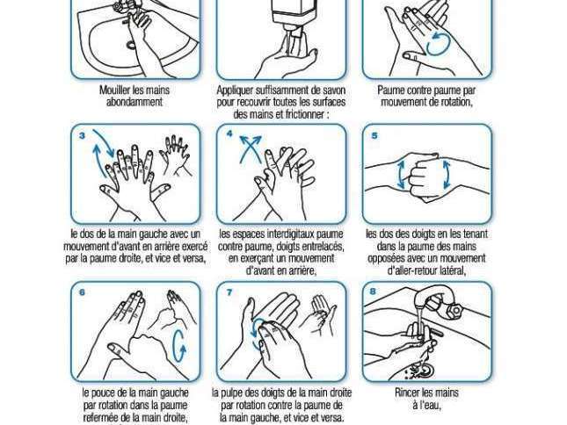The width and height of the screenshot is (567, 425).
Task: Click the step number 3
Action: click(x=83, y=136)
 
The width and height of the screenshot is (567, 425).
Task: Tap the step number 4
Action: click(x=229, y=134)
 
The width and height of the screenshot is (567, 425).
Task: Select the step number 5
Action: click(x=374, y=136)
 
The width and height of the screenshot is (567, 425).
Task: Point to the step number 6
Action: click(x=82, y=292)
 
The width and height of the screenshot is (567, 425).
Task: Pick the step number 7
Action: click(x=229, y=292)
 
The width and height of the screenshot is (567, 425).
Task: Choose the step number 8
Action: click(x=374, y=291)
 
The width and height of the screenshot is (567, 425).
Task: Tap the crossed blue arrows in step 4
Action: click(x=251, y=148)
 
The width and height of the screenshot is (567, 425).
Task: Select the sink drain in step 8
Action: click(x=425, y=371)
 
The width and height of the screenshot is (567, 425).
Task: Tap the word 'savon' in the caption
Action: click(x=332, y=90)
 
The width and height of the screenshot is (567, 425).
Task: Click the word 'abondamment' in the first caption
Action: click(x=134, y=102)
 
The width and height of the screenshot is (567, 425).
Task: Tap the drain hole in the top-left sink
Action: click(x=130, y=45)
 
